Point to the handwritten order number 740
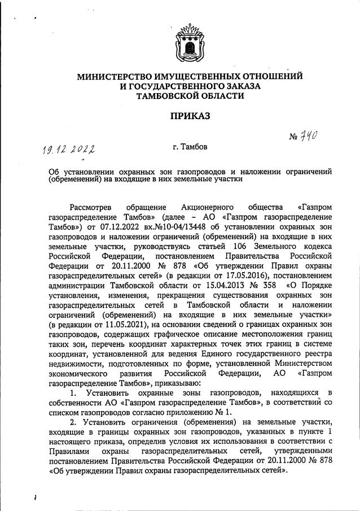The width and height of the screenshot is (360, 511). point(308,136)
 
